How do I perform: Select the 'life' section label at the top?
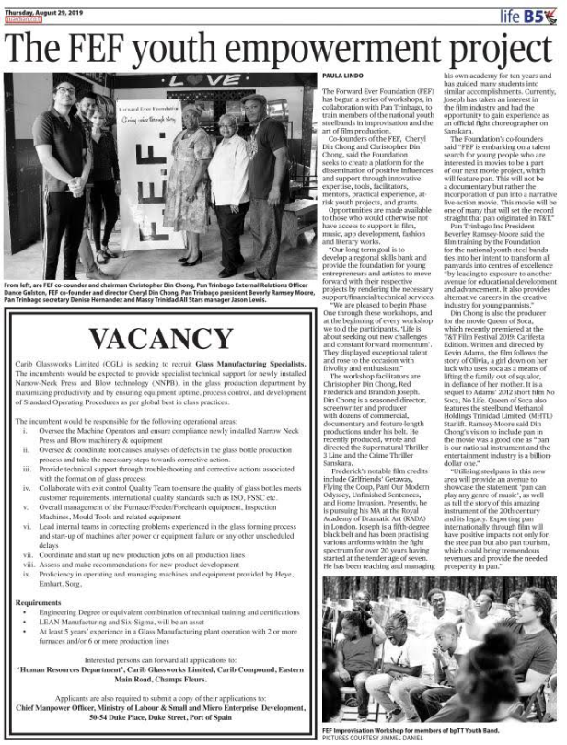click(511, 15)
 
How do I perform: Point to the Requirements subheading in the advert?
click(39, 628)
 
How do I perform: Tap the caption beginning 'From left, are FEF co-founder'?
click(156, 288)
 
